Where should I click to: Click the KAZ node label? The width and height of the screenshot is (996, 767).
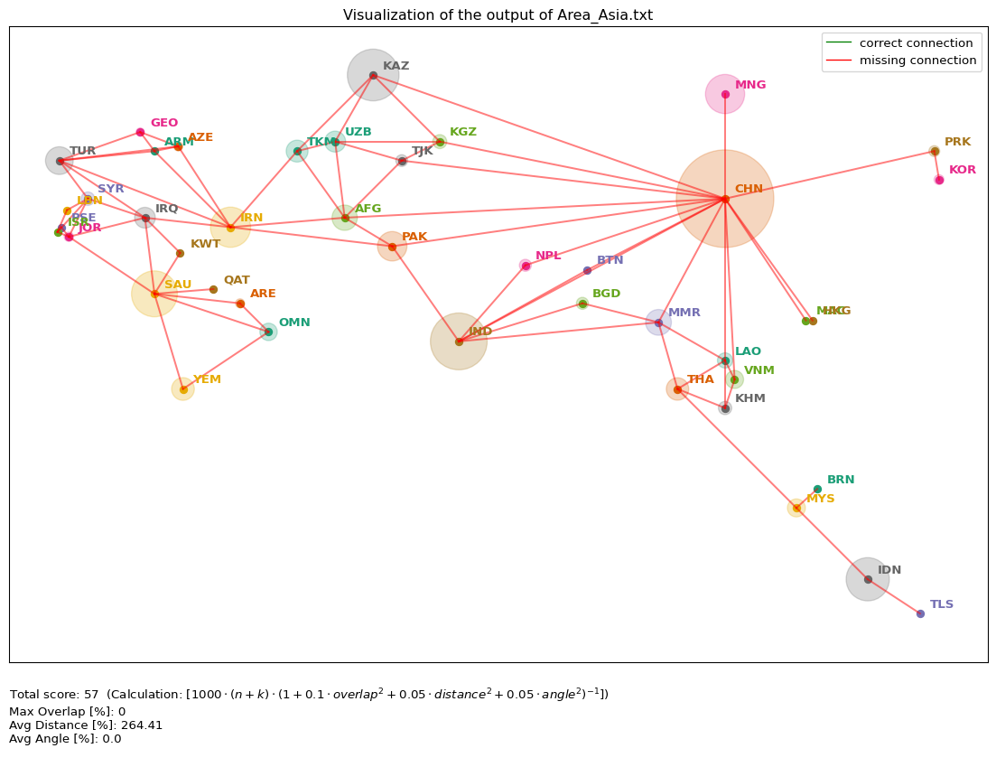point(396,66)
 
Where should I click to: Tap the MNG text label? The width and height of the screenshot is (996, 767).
point(750,85)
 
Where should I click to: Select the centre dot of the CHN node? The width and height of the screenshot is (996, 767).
point(725,199)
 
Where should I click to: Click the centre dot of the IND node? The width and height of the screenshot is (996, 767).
point(459,341)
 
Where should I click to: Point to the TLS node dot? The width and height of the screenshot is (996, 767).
point(920,613)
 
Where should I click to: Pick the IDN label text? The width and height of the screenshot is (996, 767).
point(889,570)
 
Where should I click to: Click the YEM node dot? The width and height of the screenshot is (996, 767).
point(183,389)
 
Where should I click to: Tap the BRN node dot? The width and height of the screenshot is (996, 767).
point(817,489)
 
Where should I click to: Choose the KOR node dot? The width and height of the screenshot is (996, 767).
point(939,180)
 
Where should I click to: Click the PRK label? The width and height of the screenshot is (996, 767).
point(957,142)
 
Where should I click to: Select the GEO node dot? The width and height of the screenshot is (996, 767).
point(140,132)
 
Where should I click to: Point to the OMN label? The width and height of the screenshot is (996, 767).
point(293,323)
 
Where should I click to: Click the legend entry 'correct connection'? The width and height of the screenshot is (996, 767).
point(916,42)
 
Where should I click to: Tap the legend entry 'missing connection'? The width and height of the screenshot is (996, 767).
point(917,61)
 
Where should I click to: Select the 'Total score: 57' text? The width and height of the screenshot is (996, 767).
point(54,694)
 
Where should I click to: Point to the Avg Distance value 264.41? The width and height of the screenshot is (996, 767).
point(143,725)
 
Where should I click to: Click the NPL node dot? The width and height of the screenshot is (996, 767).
point(526,266)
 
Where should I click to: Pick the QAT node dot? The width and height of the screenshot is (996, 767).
point(213,289)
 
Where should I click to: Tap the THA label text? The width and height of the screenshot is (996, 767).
point(700,379)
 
